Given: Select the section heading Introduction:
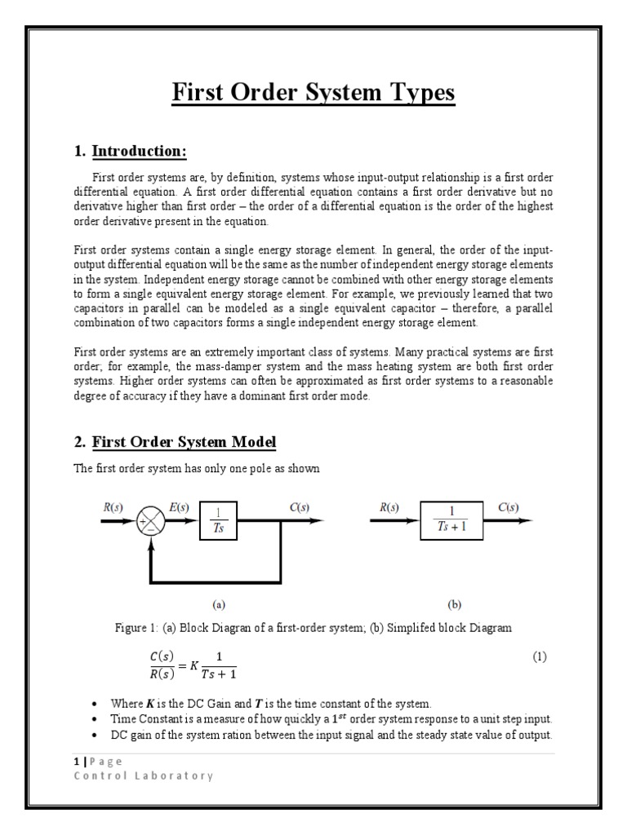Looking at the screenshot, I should [x=140, y=151].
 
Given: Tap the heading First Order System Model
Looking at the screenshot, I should [x=185, y=442].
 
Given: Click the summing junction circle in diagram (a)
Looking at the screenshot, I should [x=151, y=521].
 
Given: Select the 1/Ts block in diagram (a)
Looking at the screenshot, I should [x=218, y=520].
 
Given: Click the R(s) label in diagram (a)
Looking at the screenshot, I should [x=113, y=506].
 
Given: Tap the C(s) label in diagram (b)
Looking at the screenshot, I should [x=508, y=506].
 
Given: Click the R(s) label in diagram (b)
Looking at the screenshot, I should [x=389, y=506].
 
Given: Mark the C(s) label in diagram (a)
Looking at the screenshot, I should [x=300, y=506].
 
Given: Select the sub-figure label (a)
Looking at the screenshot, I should [x=218, y=605].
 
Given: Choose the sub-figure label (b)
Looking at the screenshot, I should [x=454, y=605].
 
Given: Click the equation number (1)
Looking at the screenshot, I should [x=539, y=656].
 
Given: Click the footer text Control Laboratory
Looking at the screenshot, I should [x=144, y=775].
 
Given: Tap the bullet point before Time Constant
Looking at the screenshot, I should [x=97, y=719].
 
